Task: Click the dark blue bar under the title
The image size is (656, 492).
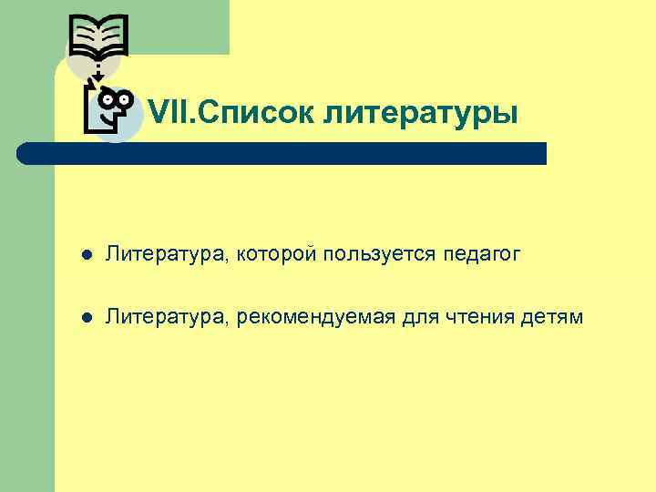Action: [x=282, y=153]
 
